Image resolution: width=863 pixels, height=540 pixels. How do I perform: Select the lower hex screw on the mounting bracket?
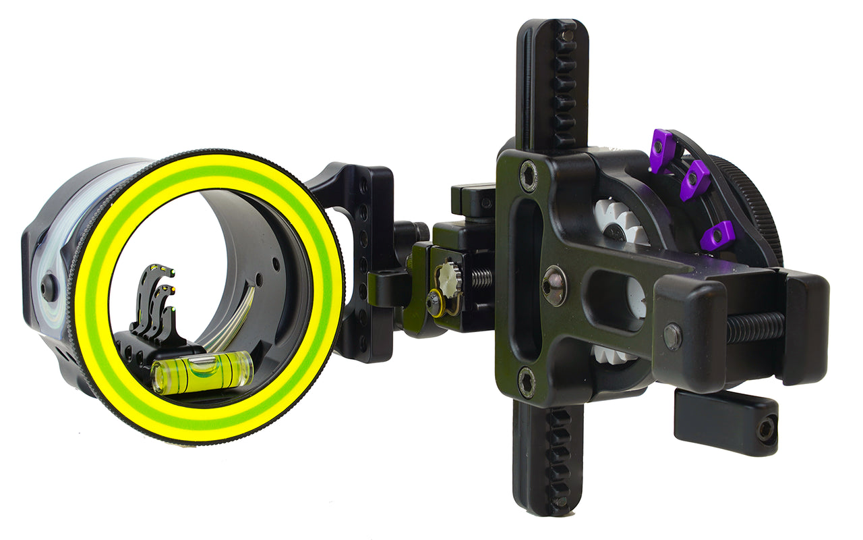(x=527, y=383)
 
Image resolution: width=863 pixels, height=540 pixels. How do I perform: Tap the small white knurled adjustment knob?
(x=449, y=277)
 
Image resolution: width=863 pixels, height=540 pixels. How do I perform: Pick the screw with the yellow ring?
(x=435, y=302)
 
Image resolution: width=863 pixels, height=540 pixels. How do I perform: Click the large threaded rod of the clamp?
(x=755, y=327)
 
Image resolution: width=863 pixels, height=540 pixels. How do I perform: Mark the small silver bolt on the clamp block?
(x=672, y=335)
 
